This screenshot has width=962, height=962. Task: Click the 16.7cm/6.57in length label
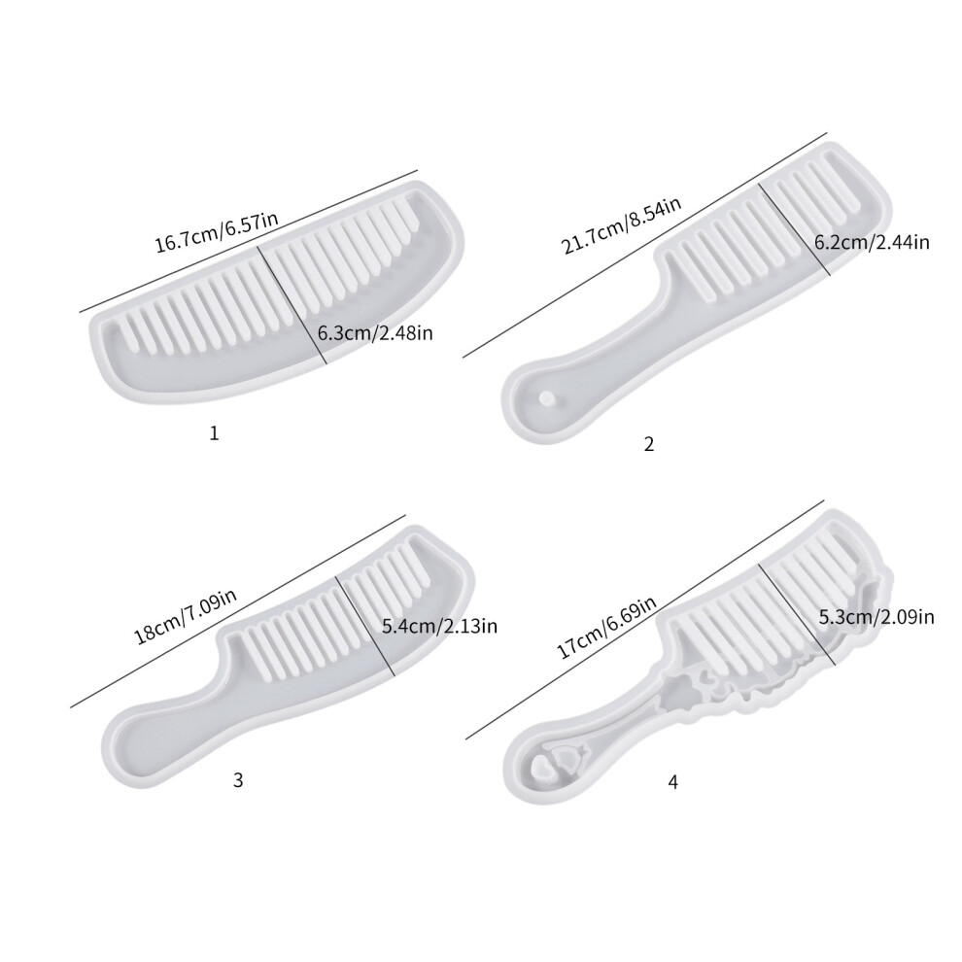click(x=216, y=232)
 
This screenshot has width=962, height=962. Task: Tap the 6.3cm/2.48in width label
click(x=375, y=333)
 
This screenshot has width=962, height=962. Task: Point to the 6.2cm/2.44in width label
click(x=872, y=242)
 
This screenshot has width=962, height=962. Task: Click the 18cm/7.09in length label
click(x=186, y=615)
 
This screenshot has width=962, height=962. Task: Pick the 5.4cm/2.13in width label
click(x=439, y=626)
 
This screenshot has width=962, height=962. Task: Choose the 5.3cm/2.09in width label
click(x=876, y=616)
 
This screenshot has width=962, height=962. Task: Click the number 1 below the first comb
click(x=214, y=433)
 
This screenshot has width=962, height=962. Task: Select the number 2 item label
click(x=649, y=443)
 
